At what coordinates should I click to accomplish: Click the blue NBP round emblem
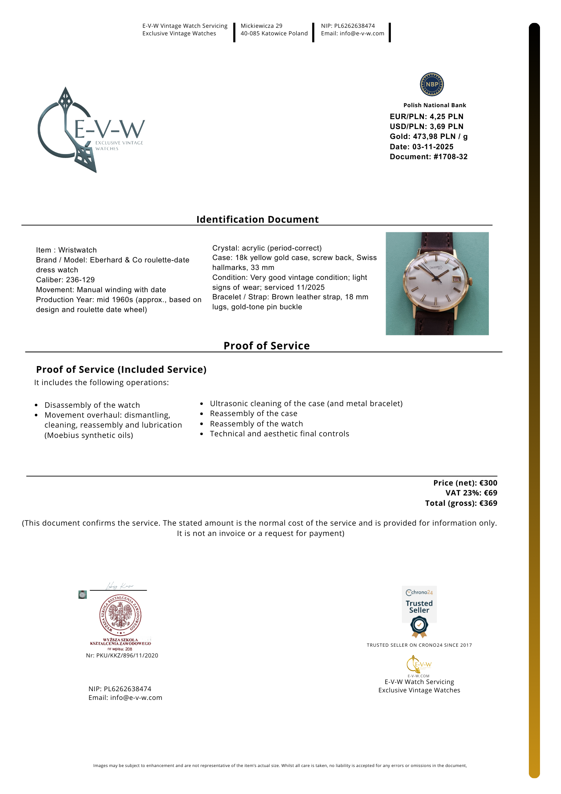tap(432, 84)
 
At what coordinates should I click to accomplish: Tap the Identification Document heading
tap(257, 220)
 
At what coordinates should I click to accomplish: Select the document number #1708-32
tap(450, 157)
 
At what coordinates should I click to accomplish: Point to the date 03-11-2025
tap(432, 147)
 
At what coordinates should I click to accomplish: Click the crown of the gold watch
tap(471, 281)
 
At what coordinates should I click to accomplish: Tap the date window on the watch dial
tap(456, 279)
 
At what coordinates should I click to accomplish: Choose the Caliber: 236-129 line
tap(65, 280)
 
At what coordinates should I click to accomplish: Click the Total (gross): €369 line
tap(461, 503)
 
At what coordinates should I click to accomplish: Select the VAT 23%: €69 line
tap(471, 493)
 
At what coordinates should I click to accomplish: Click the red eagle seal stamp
tap(120, 615)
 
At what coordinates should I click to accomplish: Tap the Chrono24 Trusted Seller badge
tap(419, 611)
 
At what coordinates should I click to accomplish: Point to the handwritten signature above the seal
tap(119, 586)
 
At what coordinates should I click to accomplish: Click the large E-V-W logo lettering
tap(110, 129)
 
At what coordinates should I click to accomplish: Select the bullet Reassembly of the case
tap(254, 414)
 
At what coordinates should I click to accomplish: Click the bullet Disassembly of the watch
tap(92, 405)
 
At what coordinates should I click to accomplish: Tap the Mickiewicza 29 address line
tap(261, 26)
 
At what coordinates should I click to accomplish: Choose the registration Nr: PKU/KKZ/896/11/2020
tap(122, 655)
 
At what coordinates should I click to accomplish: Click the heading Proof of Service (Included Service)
tap(121, 370)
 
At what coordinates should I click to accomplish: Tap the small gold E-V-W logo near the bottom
tap(419, 665)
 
